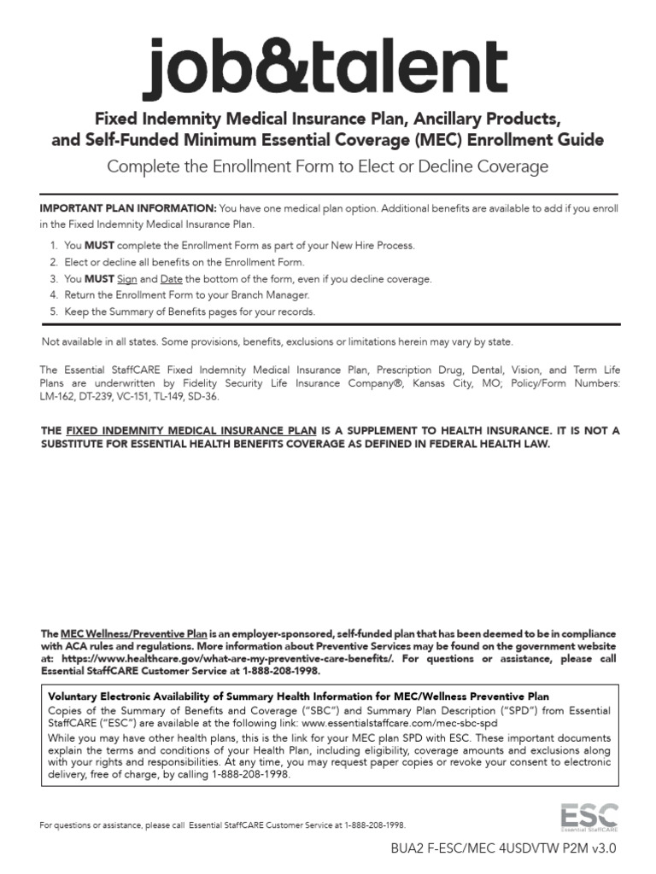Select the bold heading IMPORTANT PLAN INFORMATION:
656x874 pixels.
point(128,208)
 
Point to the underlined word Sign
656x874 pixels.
point(126,279)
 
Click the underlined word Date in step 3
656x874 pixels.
point(172,279)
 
